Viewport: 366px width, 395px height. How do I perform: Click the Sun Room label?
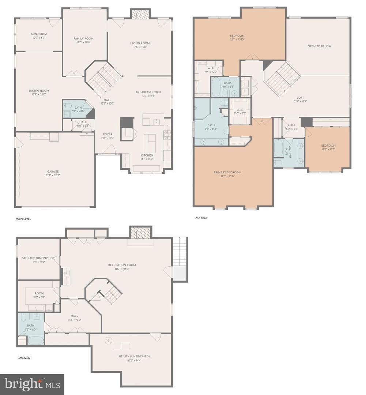39,34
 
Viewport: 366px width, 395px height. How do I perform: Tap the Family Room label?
83,38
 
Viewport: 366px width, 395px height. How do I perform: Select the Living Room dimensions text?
140,47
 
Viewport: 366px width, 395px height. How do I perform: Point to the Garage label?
53,171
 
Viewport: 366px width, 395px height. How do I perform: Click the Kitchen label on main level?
147,155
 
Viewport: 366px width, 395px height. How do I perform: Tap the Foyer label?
107,134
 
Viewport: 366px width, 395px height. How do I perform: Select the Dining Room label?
39,91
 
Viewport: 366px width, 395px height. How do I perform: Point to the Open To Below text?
319,46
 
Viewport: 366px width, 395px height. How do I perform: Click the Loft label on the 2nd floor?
300,98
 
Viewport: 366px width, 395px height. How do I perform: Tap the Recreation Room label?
122,265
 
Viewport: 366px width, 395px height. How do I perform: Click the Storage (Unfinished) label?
38,258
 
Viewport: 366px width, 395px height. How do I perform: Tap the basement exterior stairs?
180,251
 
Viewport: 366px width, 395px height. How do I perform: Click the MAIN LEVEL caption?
23,219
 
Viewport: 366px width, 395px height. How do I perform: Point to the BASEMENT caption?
25,358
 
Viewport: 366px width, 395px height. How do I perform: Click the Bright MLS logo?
32,384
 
